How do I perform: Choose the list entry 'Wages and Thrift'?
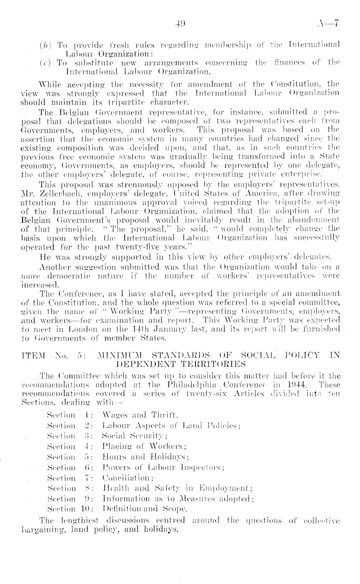click(140, 415)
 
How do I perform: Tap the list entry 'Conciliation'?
click(128, 478)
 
